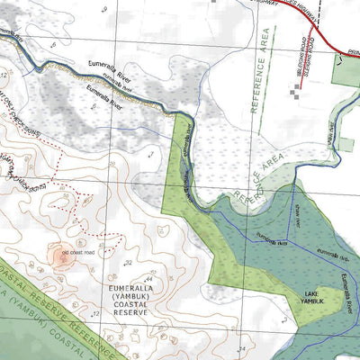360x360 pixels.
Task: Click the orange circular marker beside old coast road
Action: point(63,256)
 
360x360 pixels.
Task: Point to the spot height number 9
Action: point(84,242)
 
